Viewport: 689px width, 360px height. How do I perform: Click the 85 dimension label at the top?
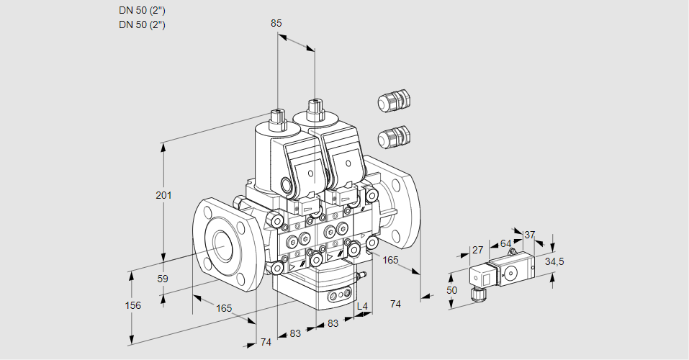(x=276, y=23)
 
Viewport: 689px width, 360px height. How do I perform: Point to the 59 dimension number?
(x=163, y=279)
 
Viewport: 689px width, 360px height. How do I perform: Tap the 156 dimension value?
(x=132, y=305)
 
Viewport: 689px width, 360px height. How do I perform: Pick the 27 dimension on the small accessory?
(x=477, y=250)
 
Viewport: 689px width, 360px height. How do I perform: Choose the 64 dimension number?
(x=505, y=243)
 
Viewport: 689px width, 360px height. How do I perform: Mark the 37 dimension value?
(x=530, y=235)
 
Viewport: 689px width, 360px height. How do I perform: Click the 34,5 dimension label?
(x=554, y=261)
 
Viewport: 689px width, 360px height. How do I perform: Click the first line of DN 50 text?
(x=142, y=10)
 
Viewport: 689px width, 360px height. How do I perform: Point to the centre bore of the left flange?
(x=220, y=248)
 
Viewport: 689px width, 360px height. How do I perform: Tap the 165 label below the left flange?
(x=224, y=308)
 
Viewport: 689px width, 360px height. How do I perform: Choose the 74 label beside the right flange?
(x=395, y=304)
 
